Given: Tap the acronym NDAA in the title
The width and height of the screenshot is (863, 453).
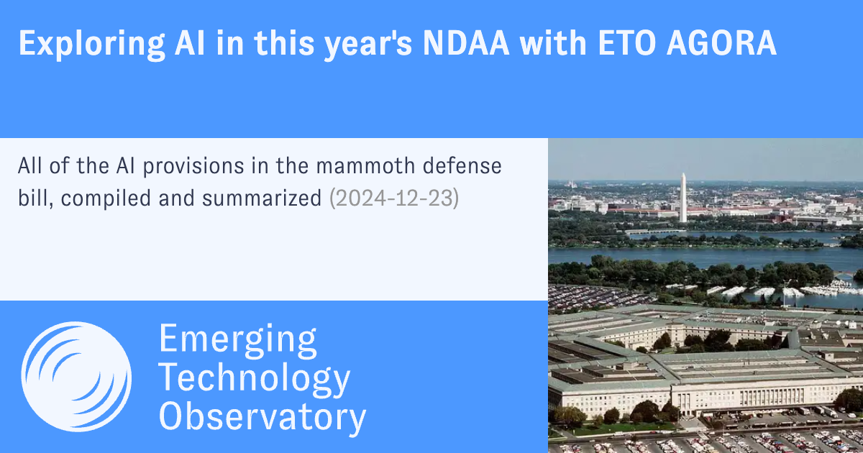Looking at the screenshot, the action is pos(466,42).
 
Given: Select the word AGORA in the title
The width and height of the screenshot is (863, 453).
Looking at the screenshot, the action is pos(721,42).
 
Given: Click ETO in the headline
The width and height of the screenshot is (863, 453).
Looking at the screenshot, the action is pos(627,42).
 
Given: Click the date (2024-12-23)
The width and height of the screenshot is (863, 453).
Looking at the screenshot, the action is pos(394,198).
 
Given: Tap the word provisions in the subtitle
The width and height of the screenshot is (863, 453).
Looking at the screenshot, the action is pos(193,167).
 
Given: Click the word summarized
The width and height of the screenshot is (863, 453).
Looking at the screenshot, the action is pos(262,198).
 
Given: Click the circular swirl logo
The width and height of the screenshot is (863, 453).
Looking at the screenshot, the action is pos(76,377).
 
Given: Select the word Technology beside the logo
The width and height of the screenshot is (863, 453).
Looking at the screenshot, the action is pos(255,379).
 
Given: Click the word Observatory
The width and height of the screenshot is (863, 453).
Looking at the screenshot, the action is pos(262,418).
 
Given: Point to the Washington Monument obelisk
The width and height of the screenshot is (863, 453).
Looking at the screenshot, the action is pos(683,198).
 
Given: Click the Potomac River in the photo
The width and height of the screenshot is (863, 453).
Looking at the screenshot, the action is pos(705,256).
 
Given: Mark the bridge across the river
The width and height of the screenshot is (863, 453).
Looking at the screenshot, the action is pos(655,232).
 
